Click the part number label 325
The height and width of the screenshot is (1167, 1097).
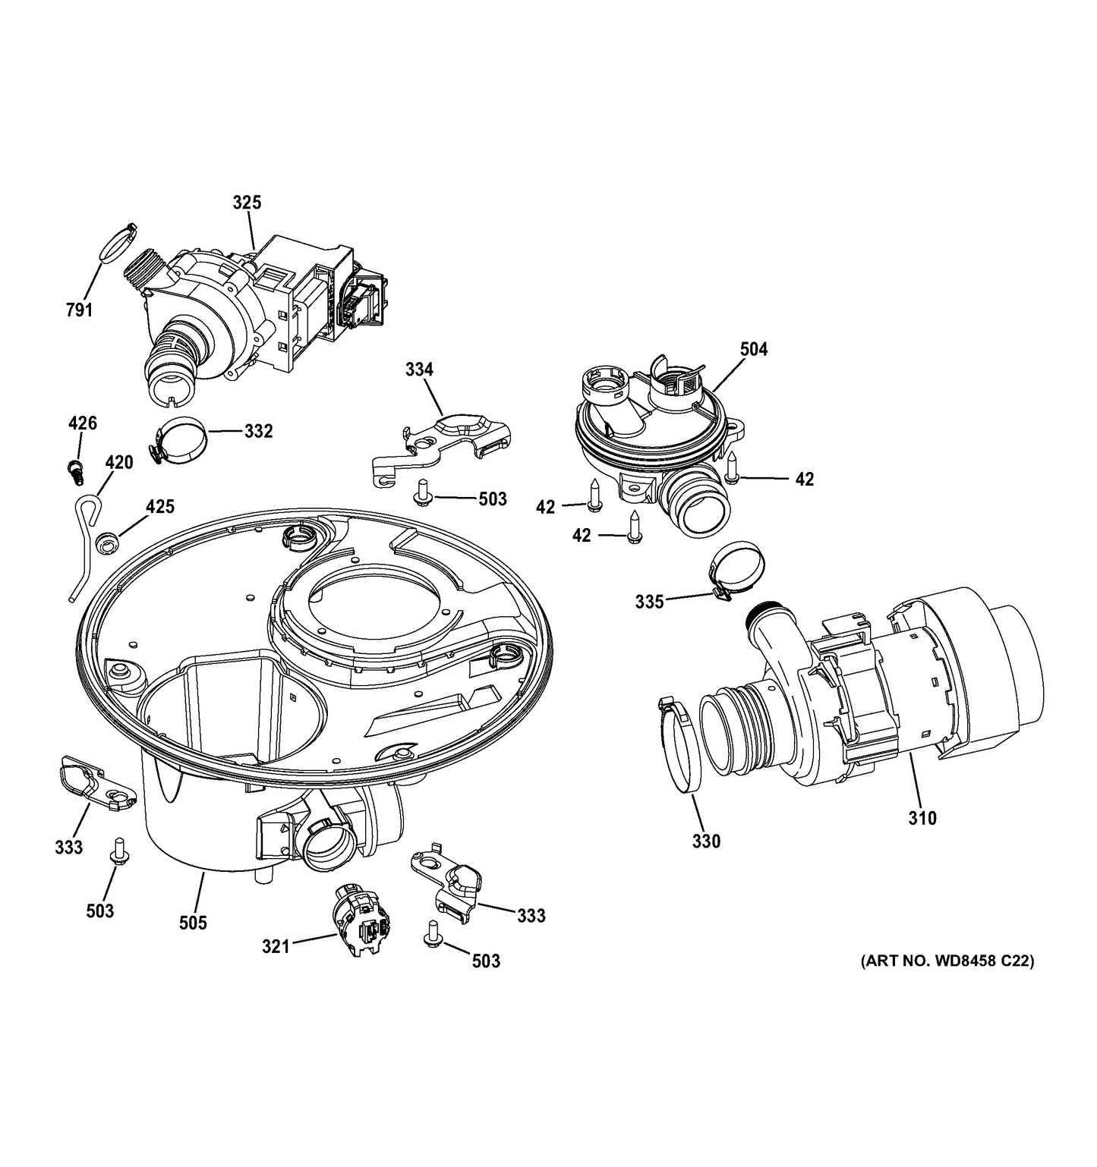tap(246, 202)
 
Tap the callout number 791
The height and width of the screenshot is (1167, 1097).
tap(79, 310)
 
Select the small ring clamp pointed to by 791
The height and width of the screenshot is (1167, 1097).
tap(117, 243)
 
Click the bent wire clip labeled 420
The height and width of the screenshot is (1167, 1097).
tap(86, 539)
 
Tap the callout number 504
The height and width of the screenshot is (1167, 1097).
tap(753, 349)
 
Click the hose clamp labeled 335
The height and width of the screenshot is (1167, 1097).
tap(737, 568)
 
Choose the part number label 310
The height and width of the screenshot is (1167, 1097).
tap(922, 818)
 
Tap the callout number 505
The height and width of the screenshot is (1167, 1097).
tap(193, 923)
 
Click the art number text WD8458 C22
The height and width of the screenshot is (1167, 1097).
tap(947, 961)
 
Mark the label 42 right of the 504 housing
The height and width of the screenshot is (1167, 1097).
tap(804, 479)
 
